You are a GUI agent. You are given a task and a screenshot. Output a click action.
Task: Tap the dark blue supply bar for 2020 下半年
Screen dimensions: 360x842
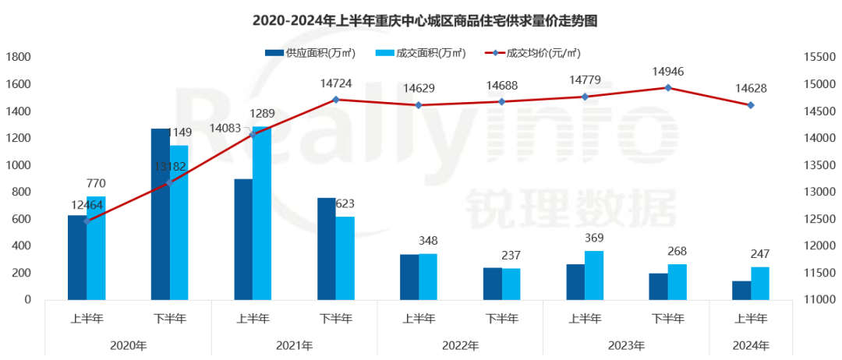click(x=160, y=214)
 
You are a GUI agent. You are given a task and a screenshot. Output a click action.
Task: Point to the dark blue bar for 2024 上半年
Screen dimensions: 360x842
click(x=741, y=291)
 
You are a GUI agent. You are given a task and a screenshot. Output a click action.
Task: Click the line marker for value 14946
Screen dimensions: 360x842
click(x=668, y=87)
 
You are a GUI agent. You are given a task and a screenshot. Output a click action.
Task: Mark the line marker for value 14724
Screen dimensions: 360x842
click(x=336, y=100)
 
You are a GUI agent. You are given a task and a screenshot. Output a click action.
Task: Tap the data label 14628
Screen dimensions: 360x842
click(x=751, y=88)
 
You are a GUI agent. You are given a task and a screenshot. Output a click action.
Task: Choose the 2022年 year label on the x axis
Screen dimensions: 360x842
click(x=460, y=344)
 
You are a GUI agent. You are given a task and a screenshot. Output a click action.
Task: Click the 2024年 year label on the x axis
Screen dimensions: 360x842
click(x=751, y=344)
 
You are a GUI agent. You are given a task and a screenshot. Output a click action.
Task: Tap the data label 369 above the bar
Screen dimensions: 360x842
click(x=594, y=238)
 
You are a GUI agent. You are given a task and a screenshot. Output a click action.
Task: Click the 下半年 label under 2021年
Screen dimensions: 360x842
click(x=336, y=318)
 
